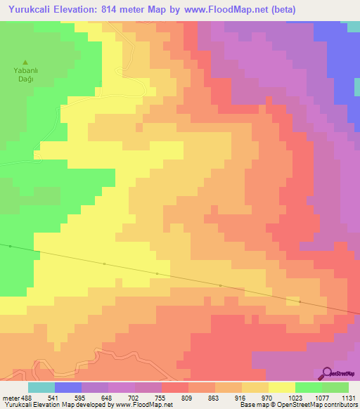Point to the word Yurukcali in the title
pyautogui.click(x=32, y=10)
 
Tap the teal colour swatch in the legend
pyautogui.click(x=41, y=387)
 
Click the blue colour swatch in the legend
pyautogui.click(x=68, y=387)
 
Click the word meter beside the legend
pyautogui.click(x=12, y=398)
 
